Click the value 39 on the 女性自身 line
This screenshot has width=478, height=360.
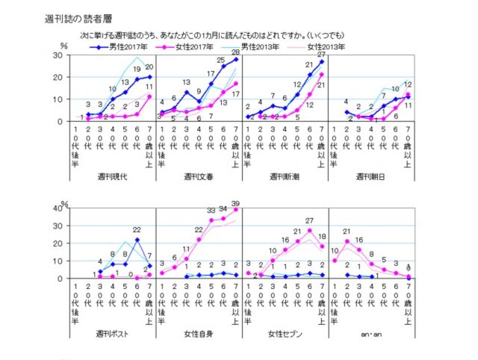236,203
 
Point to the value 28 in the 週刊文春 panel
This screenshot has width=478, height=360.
236,52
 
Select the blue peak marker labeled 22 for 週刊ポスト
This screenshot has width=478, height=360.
137,240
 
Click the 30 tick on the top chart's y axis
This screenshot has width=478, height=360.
57,56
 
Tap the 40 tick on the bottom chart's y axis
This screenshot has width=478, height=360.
57,208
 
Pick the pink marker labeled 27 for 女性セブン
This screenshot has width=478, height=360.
309,230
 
